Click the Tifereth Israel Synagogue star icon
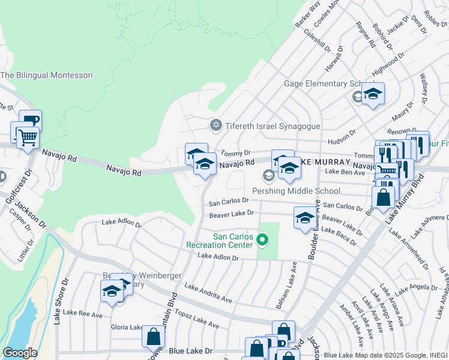(215, 125)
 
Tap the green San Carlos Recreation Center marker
(262, 241)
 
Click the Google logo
(20, 353)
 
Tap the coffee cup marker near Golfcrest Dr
(30, 120)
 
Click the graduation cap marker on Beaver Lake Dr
(305, 218)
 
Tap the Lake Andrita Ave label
(208, 293)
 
